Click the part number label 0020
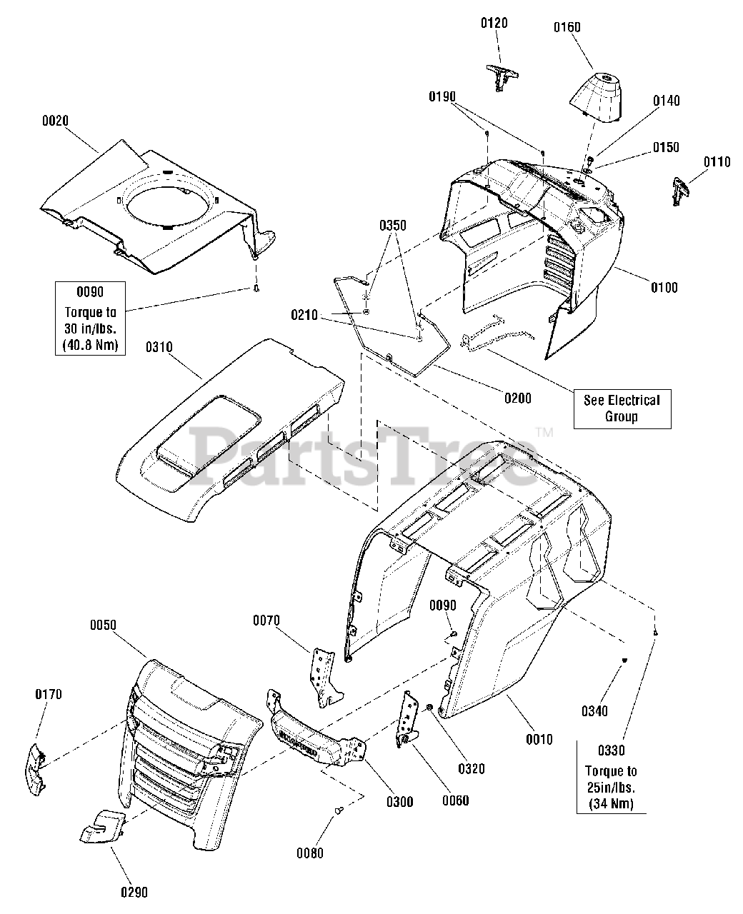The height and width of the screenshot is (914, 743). pyautogui.click(x=55, y=121)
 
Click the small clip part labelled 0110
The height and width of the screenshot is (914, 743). pyautogui.click(x=679, y=191)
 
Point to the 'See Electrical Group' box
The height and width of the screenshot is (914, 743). pyautogui.click(x=622, y=408)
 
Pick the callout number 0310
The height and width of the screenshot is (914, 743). pyautogui.click(x=159, y=347)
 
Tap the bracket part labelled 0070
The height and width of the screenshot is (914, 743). pyautogui.click(x=322, y=676)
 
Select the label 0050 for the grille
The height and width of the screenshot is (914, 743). pyautogui.click(x=103, y=625)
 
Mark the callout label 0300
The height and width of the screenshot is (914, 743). pyautogui.click(x=399, y=801)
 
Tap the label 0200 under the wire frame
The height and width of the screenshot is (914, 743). pyautogui.click(x=517, y=398)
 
